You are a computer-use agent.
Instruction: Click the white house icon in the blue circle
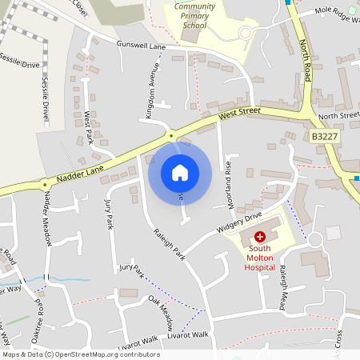click(180, 172)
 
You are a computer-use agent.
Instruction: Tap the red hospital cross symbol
click(260, 238)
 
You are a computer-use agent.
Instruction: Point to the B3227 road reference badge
click(324, 138)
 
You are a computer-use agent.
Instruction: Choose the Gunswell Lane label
click(140, 46)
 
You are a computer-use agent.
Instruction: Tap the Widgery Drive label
click(239, 222)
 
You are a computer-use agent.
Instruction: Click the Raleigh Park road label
click(169, 246)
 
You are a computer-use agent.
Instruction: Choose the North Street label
click(339, 117)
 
